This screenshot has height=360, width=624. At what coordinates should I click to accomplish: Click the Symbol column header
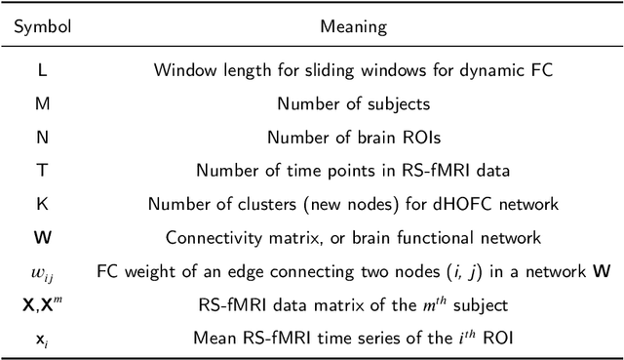42,26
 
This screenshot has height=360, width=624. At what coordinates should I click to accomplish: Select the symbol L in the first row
41,69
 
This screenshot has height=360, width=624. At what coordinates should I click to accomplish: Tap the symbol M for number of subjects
41,102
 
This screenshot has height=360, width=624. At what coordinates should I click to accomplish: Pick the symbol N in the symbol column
41,137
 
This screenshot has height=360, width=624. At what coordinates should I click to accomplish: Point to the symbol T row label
41,170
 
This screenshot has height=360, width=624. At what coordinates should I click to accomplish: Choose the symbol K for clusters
41,204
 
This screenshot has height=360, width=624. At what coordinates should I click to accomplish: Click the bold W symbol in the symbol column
41,237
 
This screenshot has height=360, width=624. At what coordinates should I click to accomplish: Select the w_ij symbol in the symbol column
41,272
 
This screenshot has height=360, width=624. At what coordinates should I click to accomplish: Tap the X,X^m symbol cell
41,304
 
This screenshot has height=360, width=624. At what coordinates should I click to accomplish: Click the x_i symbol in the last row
41,339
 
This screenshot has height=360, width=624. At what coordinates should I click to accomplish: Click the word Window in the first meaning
181,69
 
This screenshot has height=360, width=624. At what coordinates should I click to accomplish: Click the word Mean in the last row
226,339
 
